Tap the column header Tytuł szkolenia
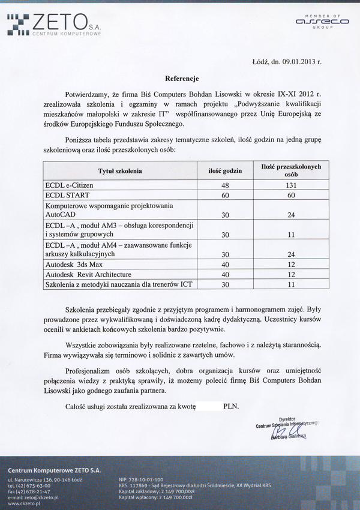pos(120,171)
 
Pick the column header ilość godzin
pos(225,171)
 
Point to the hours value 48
pos(226,185)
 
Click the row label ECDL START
pos(67,196)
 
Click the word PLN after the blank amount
pos(231,406)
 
